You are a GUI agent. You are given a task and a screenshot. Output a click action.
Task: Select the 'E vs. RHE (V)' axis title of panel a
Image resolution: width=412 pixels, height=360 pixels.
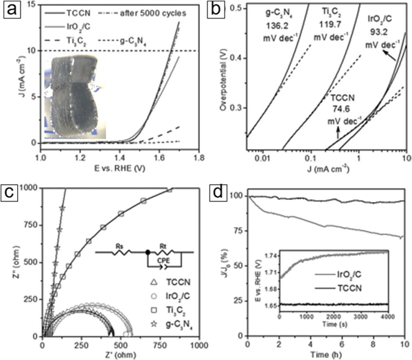click(117, 169)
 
